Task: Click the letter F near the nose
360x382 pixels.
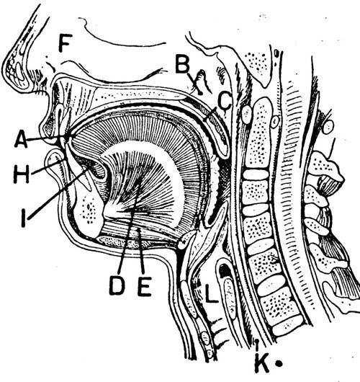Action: [x=66, y=43]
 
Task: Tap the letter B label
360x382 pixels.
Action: [x=182, y=64]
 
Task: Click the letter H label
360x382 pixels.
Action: [x=22, y=174]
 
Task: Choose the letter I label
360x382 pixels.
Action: [x=23, y=218]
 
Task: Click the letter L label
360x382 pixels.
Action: [x=211, y=293]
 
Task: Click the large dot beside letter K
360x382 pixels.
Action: [x=279, y=363]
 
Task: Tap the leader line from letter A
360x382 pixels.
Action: [x=46, y=138]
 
